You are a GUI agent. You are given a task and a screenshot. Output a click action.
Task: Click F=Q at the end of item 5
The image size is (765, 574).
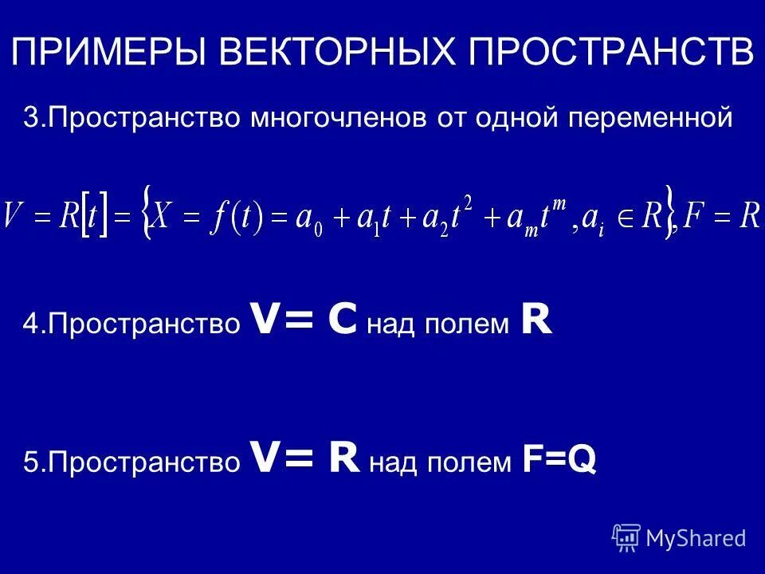[x=559, y=461]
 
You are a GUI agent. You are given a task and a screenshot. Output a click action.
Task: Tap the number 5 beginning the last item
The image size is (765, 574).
[x=29, y=462]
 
